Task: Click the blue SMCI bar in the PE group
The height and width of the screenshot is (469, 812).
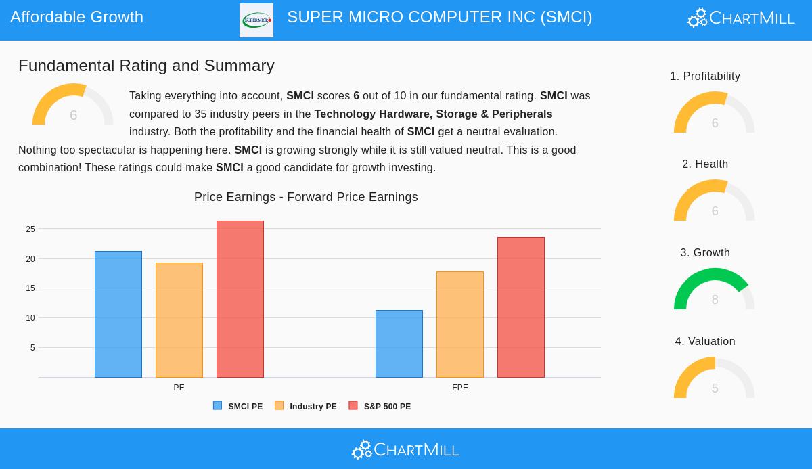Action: pos(118,314)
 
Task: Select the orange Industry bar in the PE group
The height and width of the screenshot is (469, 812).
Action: pos(179,320)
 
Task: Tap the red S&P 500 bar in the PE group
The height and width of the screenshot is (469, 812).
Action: pos(240,299)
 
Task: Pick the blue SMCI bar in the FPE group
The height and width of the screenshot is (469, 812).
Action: pos(399,344)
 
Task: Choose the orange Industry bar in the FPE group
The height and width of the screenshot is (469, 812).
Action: pos(460,324)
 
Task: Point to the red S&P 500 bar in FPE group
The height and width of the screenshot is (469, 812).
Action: pos(521,307)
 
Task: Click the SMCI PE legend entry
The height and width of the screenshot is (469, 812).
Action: pos(238,407)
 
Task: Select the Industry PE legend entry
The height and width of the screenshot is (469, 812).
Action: pos(306,407)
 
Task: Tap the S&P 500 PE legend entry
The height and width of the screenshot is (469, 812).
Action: pos(380,407)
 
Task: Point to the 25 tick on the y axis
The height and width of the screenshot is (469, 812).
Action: pos(30,229)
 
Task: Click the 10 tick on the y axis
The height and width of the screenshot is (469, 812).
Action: pos(30,318)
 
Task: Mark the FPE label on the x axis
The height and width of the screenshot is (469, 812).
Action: pos(460,388)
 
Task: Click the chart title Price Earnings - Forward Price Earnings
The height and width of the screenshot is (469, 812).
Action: pos(306,197)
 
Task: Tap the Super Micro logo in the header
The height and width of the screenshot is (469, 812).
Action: pos(256,20)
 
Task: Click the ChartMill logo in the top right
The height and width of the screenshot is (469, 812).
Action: pos(741,18)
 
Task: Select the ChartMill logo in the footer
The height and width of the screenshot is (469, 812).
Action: pos(405,449)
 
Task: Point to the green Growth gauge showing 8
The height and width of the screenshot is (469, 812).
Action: pos(715,290)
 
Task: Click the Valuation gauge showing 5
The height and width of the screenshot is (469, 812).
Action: pos(715,378)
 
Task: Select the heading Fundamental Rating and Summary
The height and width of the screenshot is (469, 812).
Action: pos(146,66)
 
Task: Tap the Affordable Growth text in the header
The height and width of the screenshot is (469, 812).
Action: pos(76,17)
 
